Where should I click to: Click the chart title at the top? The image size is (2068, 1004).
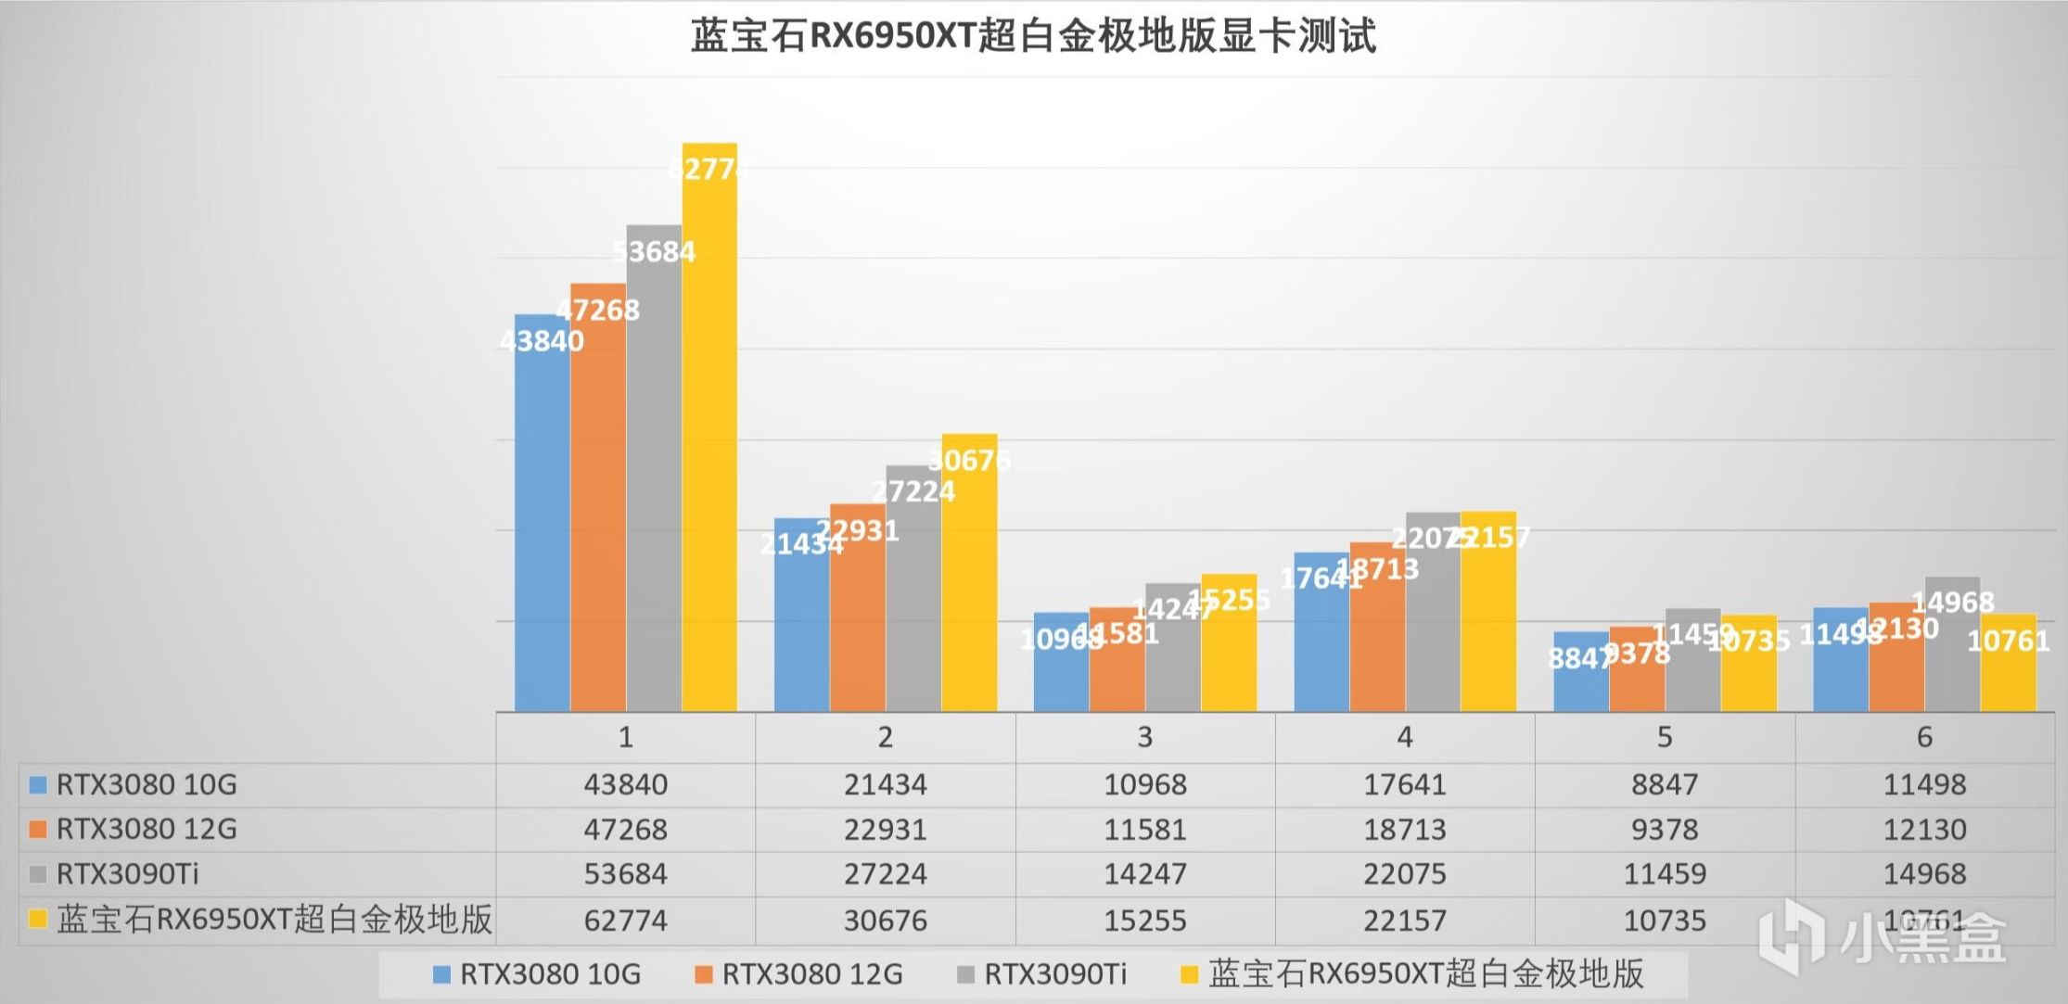[1033, 37]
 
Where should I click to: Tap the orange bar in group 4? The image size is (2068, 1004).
[1377, 640]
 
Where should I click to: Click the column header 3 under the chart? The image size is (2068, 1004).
[1145, 738]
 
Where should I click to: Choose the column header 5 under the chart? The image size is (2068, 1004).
[1665, 738]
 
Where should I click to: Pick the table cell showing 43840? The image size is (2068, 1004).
[625, 785]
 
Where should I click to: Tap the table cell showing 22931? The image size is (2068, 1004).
[885, 830]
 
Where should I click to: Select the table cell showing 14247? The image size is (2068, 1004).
[1145, 874]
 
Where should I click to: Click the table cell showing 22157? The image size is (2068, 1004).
[1405, 921]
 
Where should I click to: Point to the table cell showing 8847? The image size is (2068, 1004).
[1665, 785]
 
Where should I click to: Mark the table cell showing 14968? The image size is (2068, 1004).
[1924, 874]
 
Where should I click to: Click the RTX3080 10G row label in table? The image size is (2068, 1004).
[147, 785]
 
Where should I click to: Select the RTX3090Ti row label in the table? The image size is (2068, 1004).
[128, 874]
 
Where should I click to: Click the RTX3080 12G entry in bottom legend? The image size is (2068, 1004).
[811, 974]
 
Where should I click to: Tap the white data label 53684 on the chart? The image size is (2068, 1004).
[654, 251]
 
